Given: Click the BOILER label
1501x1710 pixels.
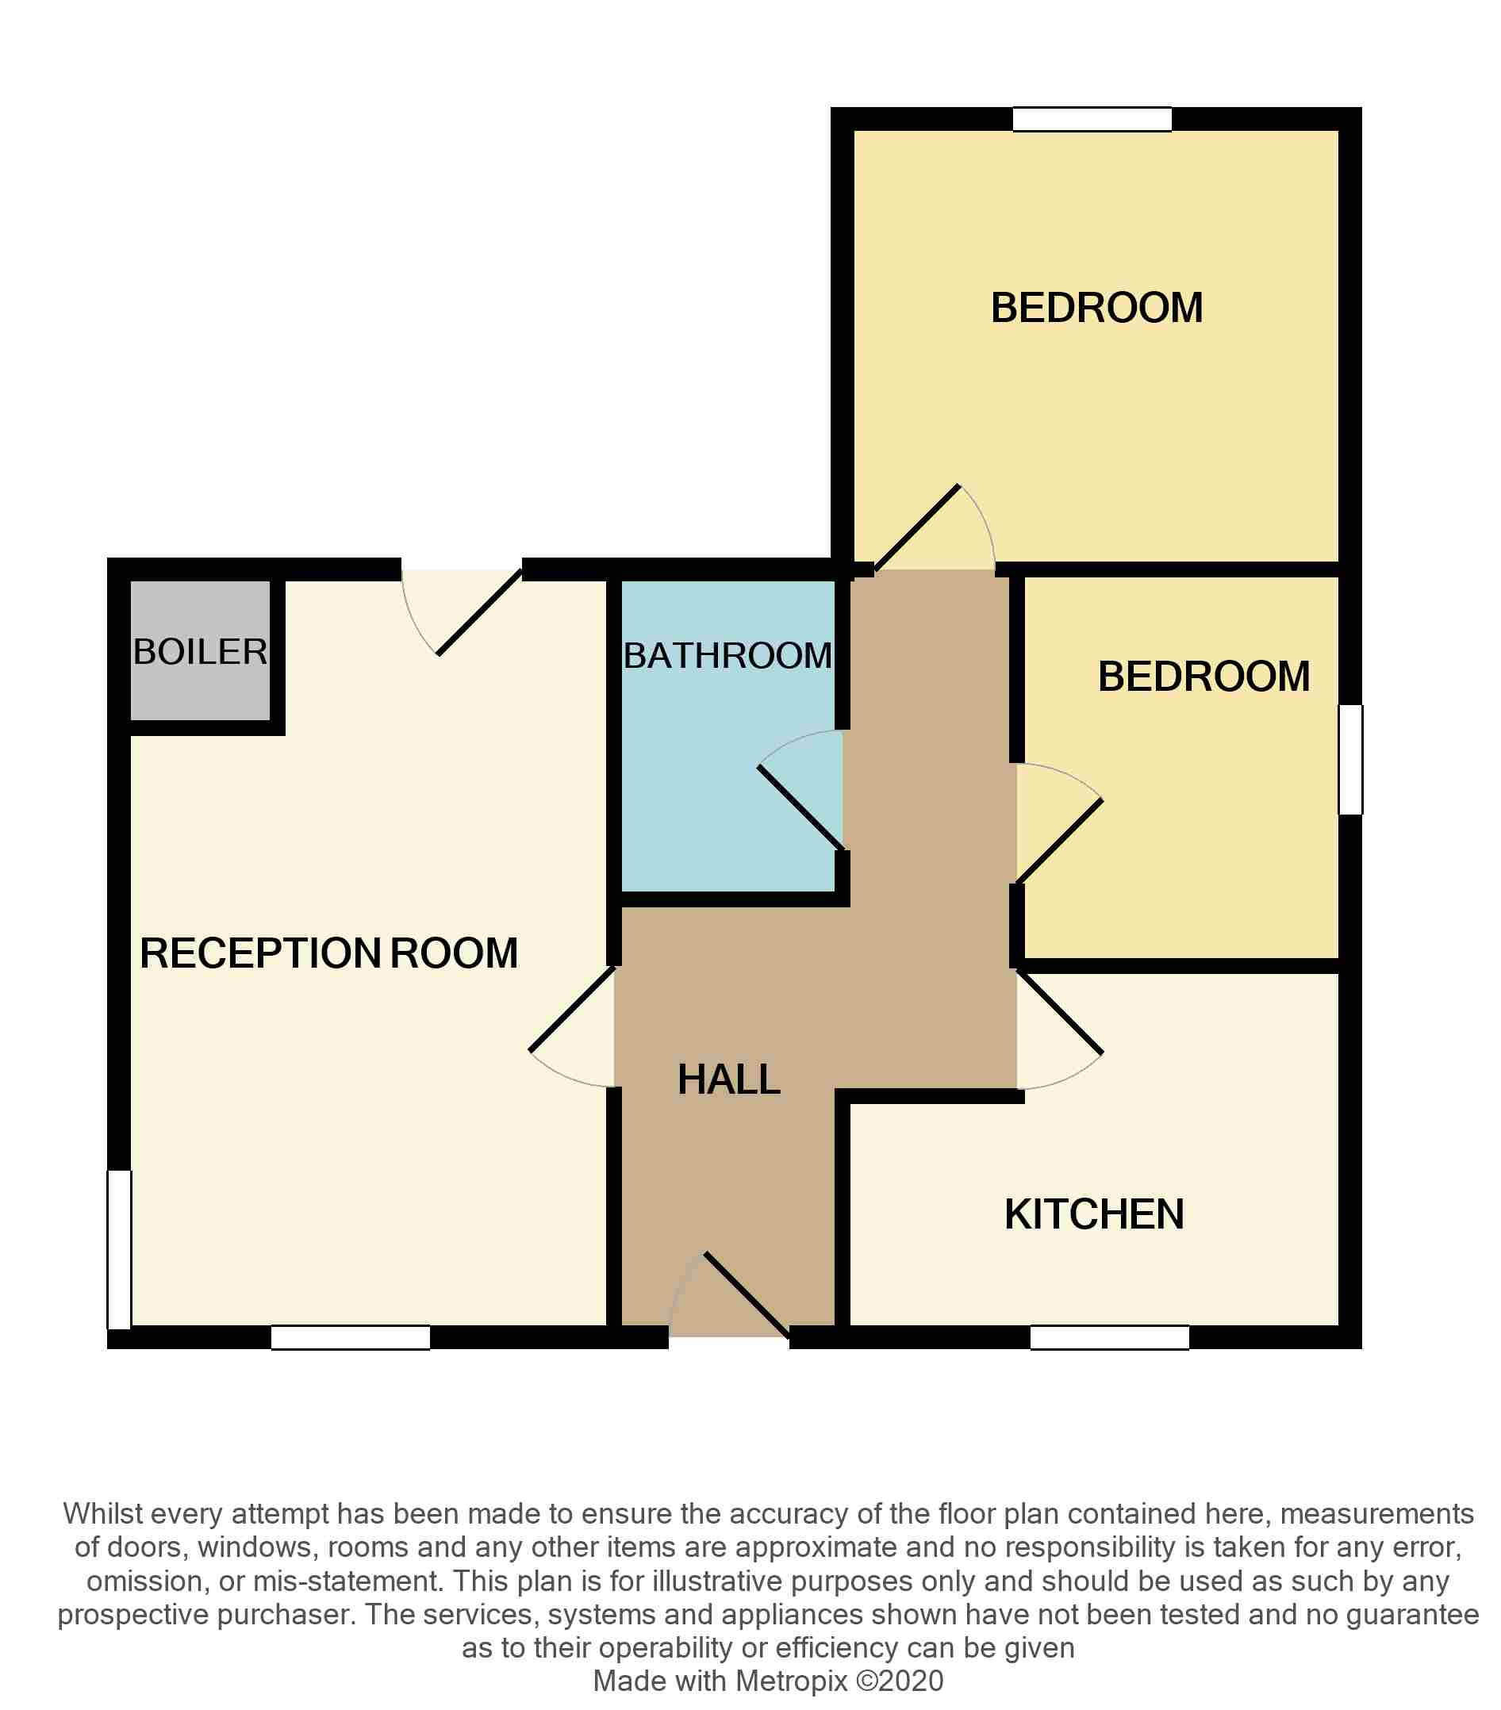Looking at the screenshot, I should coord(200,652).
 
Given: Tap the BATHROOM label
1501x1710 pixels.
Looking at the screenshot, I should coord(727,655).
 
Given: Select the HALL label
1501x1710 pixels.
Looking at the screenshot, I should coord(729,1079).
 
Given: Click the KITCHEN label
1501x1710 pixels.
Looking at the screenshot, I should coord(1093,1214).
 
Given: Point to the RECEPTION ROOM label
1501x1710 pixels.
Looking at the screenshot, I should coord(328,953).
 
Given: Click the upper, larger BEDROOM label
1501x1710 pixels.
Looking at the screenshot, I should coord(1096,308).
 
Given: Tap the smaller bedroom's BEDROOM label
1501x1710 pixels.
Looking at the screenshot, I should coord(1203,676).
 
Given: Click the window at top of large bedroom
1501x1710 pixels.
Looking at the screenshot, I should coord(1091,120).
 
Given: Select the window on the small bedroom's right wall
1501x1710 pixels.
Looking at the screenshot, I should coord(1349,759).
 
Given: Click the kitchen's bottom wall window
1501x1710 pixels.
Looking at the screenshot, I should coord(1108,1337).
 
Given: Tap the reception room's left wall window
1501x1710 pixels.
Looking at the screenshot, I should coord(119,1248).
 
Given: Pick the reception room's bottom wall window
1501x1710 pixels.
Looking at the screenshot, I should coord(350,1337).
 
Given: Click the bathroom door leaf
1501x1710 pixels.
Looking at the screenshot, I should coord(800,807).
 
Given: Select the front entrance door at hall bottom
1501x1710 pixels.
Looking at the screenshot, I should coord(747,1294).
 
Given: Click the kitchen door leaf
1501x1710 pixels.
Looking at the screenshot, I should coord(1059,1010).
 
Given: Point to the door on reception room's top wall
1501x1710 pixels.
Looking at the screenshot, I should coord(479,612).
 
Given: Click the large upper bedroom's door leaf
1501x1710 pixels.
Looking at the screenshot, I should coord(917,527).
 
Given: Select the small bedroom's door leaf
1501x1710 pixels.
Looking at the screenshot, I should coord(1059,841).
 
